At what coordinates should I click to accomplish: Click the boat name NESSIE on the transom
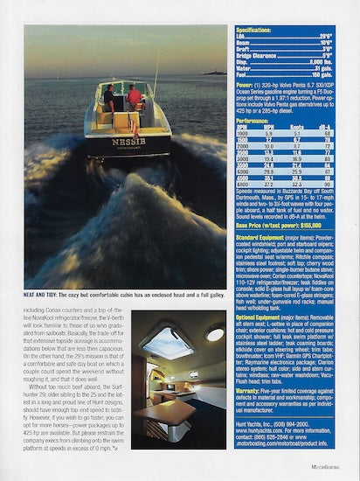click(x=128, y=141)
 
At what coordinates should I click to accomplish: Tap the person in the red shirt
click(x=134, y=95)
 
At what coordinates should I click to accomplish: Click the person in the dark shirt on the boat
click(x=108, y=96)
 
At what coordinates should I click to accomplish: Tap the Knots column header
click(x=301, y=128)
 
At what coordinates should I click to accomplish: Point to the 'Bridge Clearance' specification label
click(x=263, y=55)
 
